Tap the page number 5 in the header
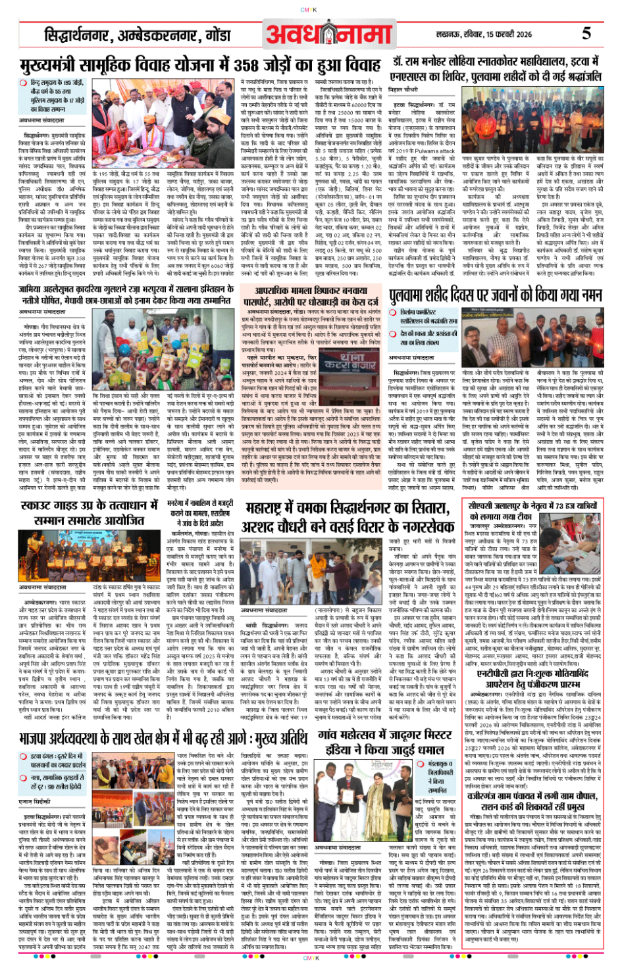coord(586,34)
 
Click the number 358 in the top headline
coord(253,66)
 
